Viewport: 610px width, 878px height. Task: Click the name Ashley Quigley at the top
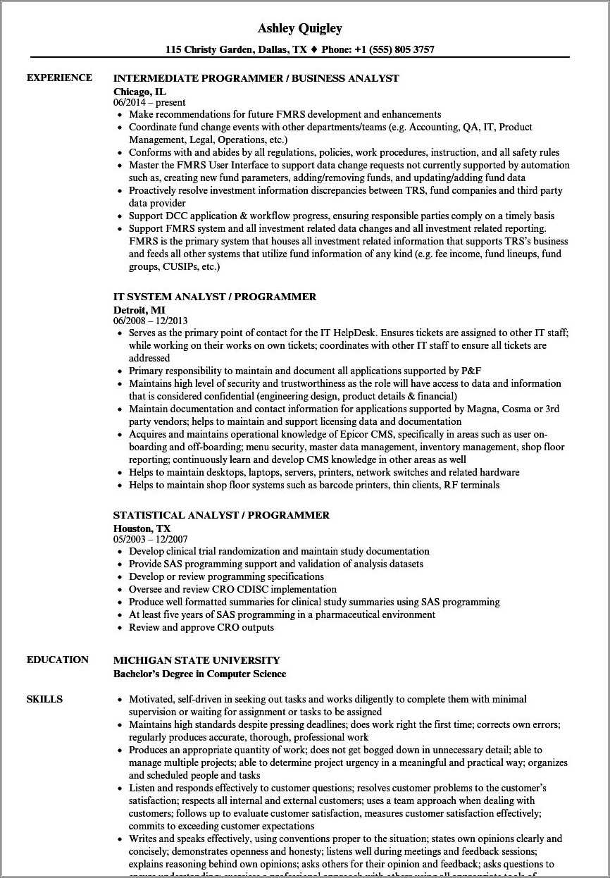pos(300,28)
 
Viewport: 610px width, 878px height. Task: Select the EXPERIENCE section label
pos(59,78)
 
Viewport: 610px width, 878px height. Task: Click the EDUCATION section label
pos(58,660)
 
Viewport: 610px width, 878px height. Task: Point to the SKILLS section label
pos(44,699)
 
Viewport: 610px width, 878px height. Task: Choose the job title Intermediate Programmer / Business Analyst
pos(256,78)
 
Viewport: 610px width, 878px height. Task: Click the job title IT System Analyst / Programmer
pos(214,297)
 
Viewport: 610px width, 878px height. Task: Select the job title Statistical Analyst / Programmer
pos(221,515)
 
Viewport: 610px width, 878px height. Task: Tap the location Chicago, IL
pos(139,91)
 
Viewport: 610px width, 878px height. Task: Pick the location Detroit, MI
pos(139,309)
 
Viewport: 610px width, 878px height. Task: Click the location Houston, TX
pos(142,528)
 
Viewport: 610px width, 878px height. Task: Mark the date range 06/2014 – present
pos(149,102)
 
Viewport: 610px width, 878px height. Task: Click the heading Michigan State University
pos(197,660)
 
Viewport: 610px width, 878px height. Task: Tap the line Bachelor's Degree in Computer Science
pos(199,674)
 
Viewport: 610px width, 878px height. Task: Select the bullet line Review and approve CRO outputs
pos(201,627)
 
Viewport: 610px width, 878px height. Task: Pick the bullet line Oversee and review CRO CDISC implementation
pos(232,589)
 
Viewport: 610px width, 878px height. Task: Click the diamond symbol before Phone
pos(314,50)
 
